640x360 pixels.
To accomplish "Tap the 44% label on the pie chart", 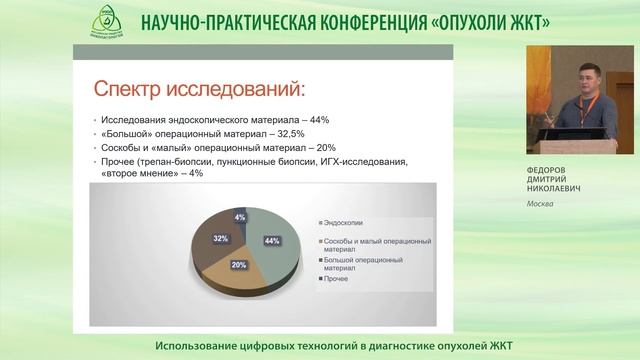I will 270,241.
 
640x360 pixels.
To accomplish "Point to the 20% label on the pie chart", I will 238,265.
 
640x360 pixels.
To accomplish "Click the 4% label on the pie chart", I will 239,216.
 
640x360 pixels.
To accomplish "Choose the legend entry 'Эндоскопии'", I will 346,222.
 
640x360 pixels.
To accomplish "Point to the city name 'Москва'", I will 541,205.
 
